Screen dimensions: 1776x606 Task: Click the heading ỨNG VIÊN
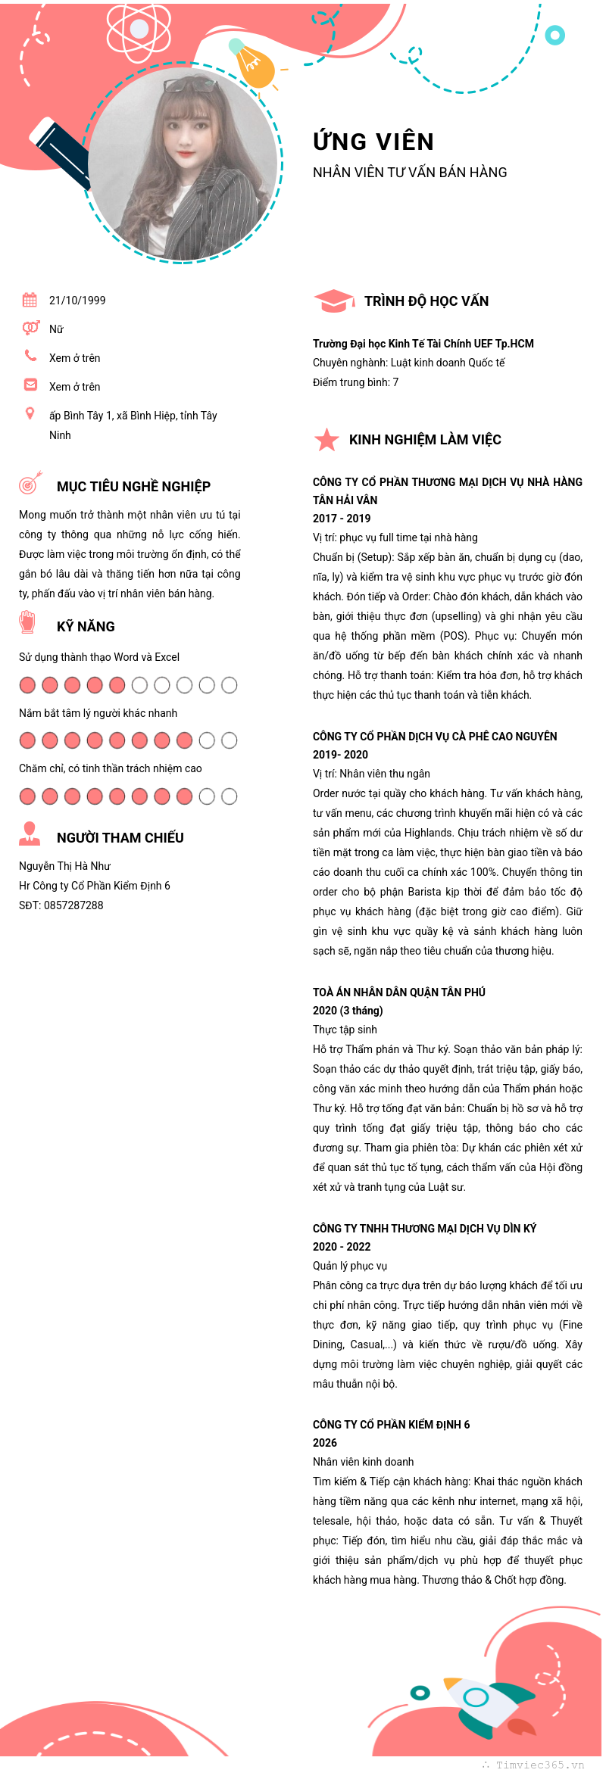click(373, 142)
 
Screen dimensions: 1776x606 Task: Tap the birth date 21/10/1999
click(77, 301)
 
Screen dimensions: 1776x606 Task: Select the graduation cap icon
click(333, 301)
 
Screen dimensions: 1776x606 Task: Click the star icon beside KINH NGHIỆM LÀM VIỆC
click(326, 439)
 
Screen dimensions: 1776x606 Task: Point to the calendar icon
click(30, 300)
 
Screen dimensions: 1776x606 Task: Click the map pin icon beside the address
click(30, 413)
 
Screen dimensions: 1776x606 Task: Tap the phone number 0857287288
click(73, 905)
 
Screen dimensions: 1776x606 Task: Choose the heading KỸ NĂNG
click(86, 627)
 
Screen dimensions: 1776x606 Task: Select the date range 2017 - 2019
click(342, 519)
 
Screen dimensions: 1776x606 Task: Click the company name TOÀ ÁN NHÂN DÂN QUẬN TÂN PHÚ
click(399, 992)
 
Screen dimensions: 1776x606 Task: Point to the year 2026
click(325, 1443)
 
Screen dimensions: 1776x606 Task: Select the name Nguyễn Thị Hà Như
click(64, 866)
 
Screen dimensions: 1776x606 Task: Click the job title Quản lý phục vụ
click(350, 1266)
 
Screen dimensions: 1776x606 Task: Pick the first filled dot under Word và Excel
click(27, 685)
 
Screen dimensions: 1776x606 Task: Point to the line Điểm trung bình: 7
click(355, 382)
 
